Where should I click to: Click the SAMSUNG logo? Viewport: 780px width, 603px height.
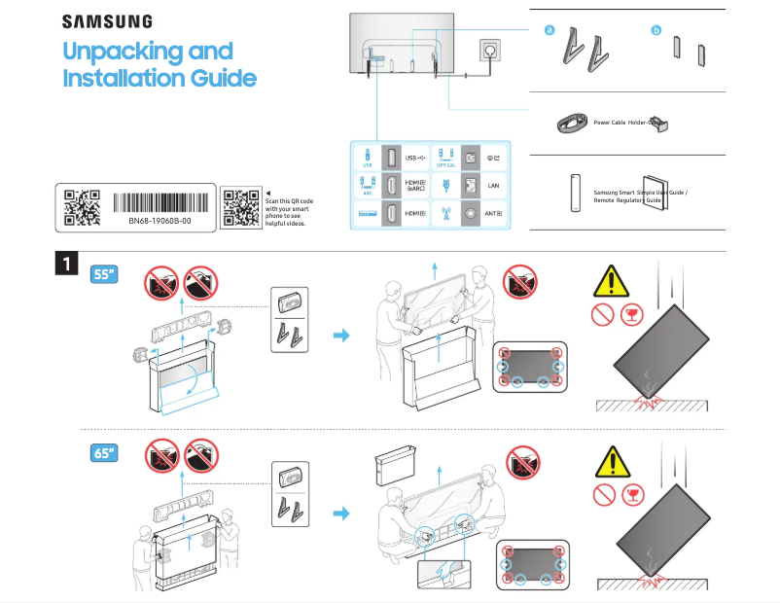coord(107,20)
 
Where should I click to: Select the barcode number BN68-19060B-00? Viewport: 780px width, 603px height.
coord(160,221)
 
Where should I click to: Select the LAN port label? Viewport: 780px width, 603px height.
coord(493,185)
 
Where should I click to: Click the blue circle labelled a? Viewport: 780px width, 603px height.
coord(550,31)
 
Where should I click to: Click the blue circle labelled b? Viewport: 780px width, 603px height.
coord(656,31)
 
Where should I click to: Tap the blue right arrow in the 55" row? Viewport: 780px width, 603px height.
coord(340,335)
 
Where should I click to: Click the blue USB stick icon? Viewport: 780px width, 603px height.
coord(368,157)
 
